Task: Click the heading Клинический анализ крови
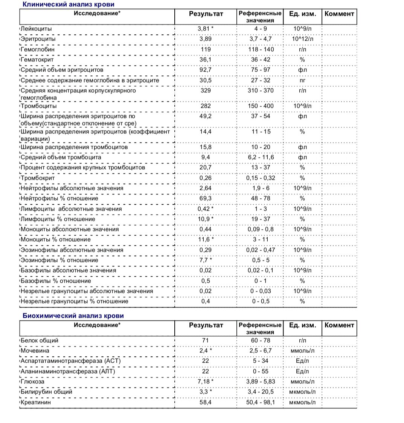click(69, 5)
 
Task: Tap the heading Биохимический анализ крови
click(73, 316)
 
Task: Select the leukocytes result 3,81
click(204, 29)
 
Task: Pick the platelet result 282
click(206, 106)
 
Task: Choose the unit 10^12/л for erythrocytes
click(303, 39)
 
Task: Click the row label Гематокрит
click(37, 60)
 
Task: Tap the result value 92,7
click(206, 70)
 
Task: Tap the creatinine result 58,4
click(206, 402)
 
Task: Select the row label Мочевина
click(36, 351)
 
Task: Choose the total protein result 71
click(206, 340)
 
